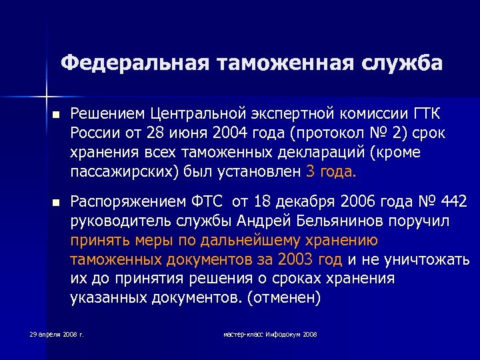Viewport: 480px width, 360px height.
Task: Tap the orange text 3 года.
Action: tap(331, 173)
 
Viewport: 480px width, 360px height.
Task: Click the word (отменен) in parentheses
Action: tap(283, 299)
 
